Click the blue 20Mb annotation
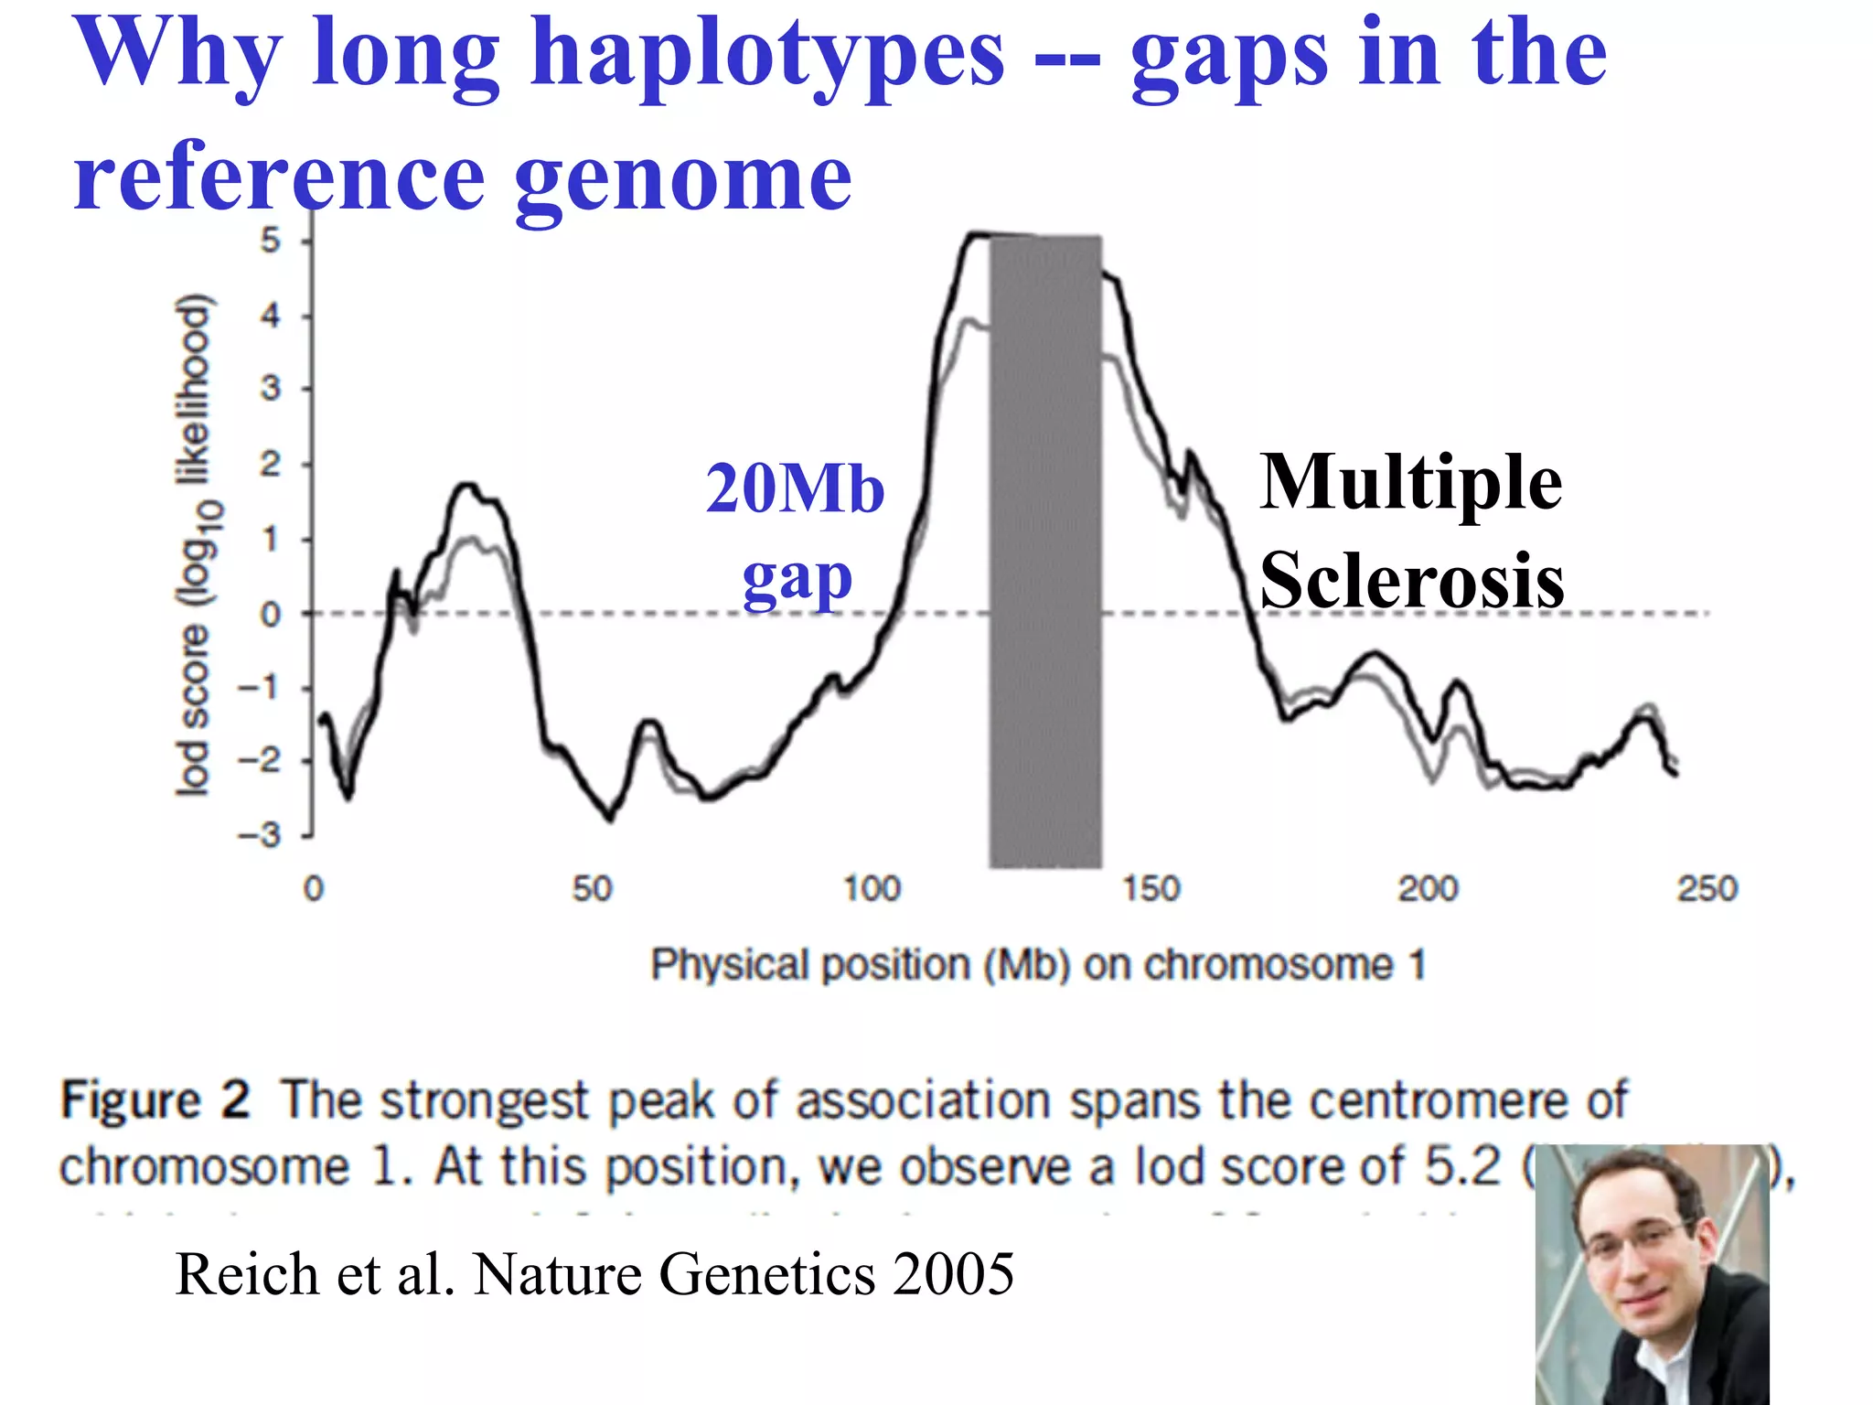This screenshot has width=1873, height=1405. [x=795, y=489]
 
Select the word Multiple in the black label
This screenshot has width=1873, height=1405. [x=1410, y=483]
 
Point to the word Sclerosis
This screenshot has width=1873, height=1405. [x=1411, y=581]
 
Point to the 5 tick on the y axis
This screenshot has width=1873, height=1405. [x=271, y=241]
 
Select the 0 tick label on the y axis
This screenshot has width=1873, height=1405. [x=271, y=615]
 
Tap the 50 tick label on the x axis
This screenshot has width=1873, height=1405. [x=592, y=889]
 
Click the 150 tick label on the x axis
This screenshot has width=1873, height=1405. [x=1151, y=889]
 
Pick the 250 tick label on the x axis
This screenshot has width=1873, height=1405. [x=1706, y=889]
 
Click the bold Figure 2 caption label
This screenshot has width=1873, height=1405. [x=155, y=1100]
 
